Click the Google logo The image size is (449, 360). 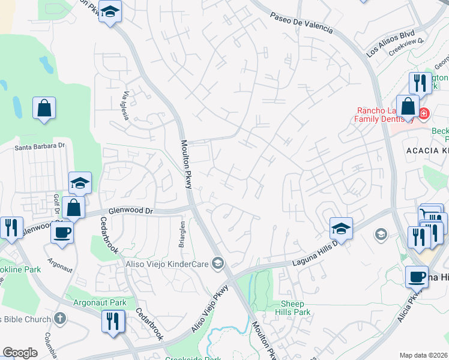click(x=20, y=352)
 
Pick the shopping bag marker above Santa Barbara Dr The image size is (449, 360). click(x=44, y=109)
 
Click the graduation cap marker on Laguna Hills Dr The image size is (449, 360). click(x=341, y=229)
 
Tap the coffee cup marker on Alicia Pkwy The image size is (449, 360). click(x=417, y=277)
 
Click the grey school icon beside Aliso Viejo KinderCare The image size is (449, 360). click(x=218, y=263)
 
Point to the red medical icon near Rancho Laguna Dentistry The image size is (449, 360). click(x=424, y=112)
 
